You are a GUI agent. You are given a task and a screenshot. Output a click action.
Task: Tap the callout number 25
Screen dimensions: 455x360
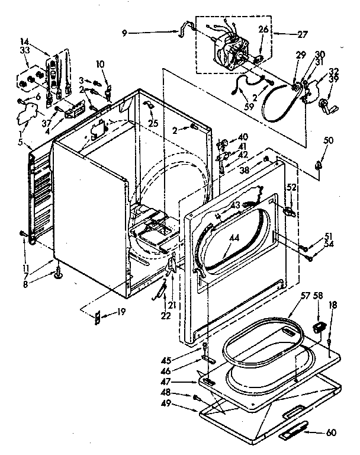(x=153, y=123)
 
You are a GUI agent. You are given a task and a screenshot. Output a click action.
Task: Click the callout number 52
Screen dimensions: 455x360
(x=291, y=187)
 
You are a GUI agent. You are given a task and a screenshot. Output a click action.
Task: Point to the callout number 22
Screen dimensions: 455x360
(x=165, y=316)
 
